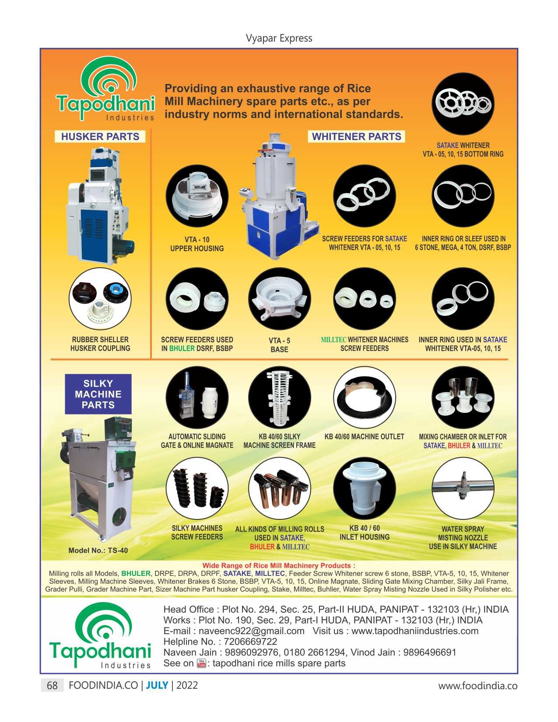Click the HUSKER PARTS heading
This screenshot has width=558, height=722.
pos(100,137)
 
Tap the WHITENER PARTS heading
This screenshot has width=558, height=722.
pos(356,137)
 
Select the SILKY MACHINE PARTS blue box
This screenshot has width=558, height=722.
pos(98,394)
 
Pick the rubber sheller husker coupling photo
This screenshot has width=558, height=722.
pos(100,299)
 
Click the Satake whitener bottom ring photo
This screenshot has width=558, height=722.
pos(463,104)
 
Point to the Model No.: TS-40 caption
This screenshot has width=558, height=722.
pos(98,550)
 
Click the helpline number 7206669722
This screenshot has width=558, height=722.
pos(250,642)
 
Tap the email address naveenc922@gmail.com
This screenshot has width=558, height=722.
pos(251,631)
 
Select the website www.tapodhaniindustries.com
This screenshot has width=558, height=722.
pos(414,631)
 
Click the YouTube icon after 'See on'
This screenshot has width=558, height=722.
pos(201,663)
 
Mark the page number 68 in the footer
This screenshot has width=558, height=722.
pos(52,686)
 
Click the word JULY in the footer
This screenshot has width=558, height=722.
pos(157,686)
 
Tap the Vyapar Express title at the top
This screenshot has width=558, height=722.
pos(279,38)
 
